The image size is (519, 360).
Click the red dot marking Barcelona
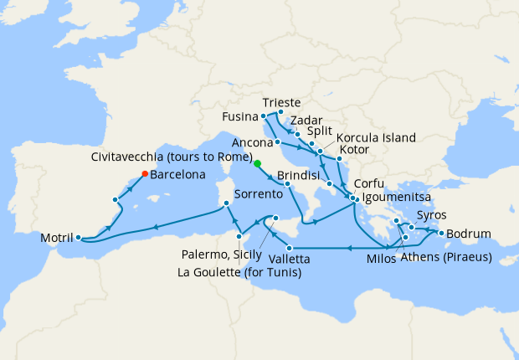[x=145, y=174]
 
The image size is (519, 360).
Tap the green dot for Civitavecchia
[x=257, y=164]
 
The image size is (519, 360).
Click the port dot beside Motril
[x=78, y=238]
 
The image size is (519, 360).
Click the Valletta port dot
[x=289, y=248]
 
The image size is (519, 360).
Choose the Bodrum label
[x=469, y=234]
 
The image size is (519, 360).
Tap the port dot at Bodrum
[x=441, y=234]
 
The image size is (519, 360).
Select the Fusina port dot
[x=264, y=116]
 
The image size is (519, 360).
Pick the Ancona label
[x=250, y=142]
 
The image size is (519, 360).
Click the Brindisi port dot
[x=287, y=184]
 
